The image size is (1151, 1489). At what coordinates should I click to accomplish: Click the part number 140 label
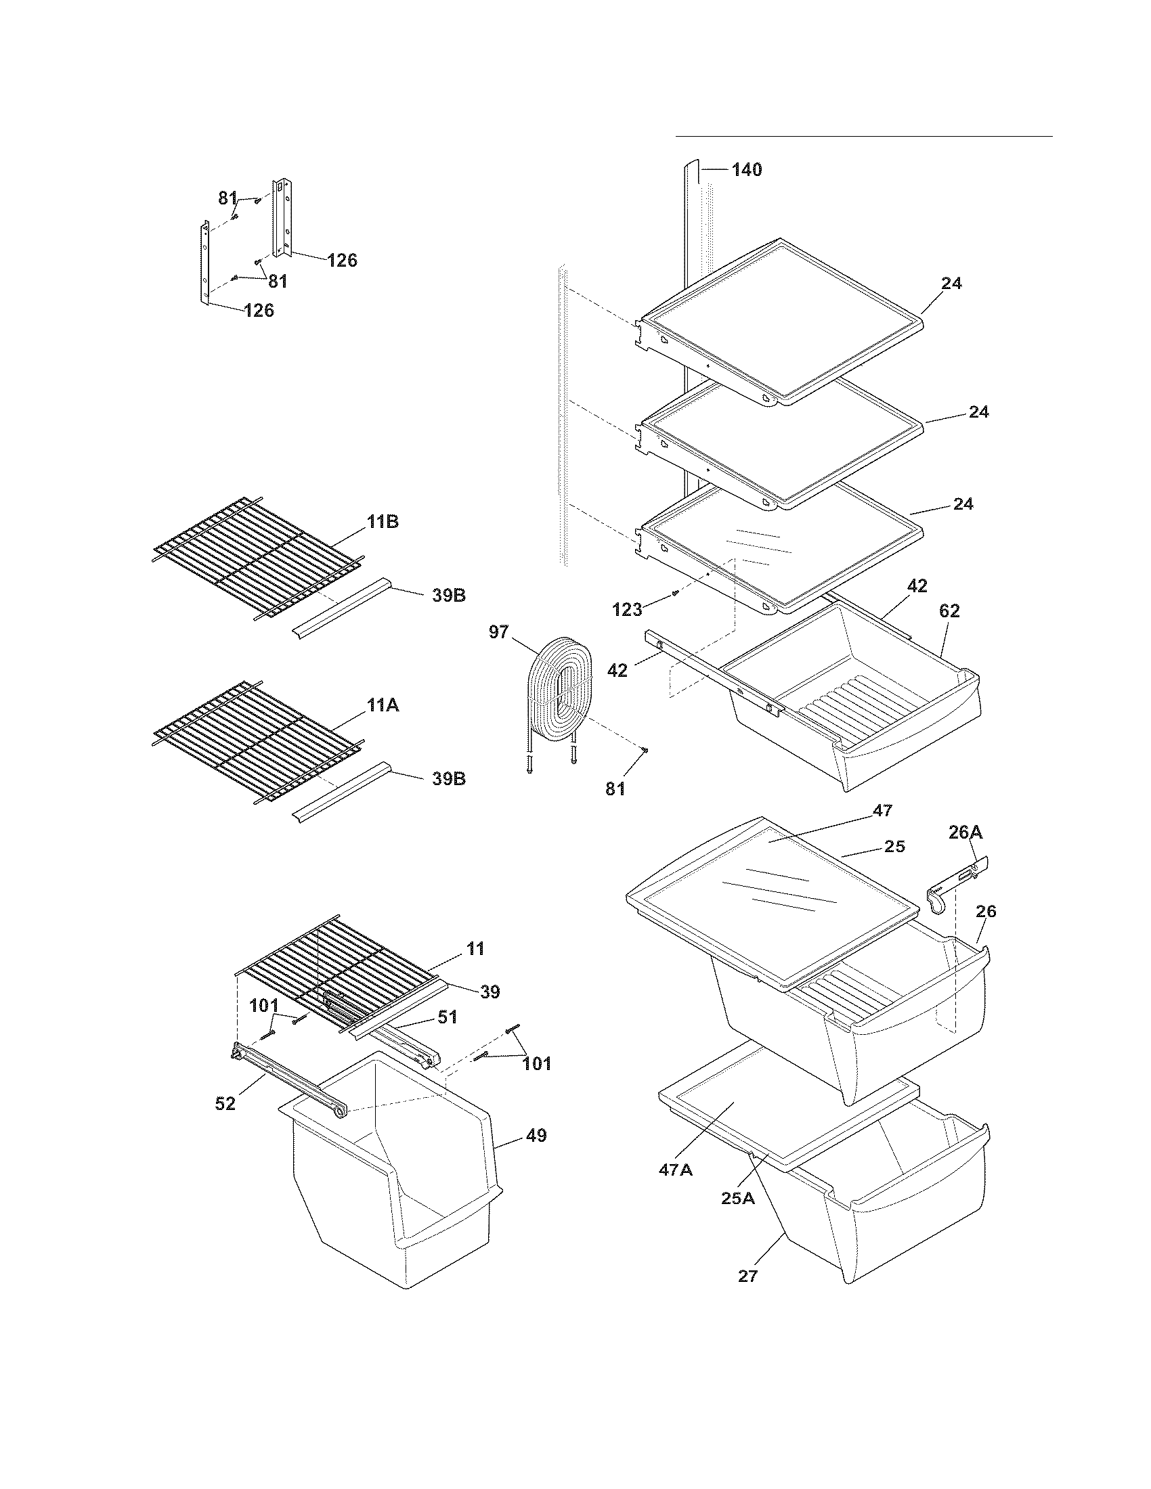747,170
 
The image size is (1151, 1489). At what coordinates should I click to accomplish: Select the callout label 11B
383,523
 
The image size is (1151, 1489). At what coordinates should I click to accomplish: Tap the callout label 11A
383,706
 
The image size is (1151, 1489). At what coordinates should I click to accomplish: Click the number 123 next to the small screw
628,610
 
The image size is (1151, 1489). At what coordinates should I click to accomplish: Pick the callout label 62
949,611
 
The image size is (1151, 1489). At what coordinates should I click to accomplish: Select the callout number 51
448,1036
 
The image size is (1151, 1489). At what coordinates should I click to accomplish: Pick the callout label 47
882,811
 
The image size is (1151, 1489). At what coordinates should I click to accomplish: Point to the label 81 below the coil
615,788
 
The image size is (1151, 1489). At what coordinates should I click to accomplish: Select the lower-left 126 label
259,311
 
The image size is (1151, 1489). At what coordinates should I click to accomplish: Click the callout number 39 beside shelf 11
490,992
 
